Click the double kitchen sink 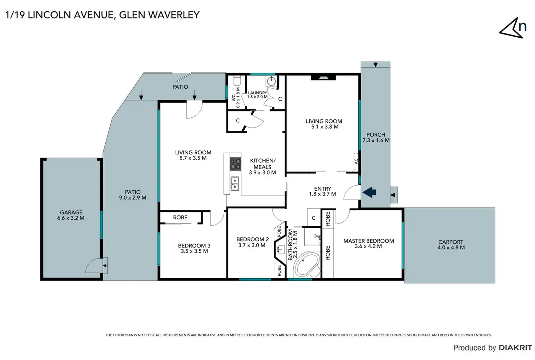click(235, 183)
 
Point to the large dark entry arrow click(369, 192)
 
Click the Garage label click(71, 215)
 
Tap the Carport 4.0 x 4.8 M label click(451, 244)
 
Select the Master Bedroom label click(369, 243)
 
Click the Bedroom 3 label click(194, 248)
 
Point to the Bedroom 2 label click(252, 242)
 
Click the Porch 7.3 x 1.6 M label click(376, 137)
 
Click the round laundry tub click(271, 81)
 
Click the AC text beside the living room click(356, 161)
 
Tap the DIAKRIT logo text click(515, 348)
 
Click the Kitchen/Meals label click(262, 166)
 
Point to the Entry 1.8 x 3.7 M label click(323, 191)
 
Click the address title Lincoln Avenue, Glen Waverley click(102, 15)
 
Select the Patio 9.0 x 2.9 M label click(133, 195)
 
